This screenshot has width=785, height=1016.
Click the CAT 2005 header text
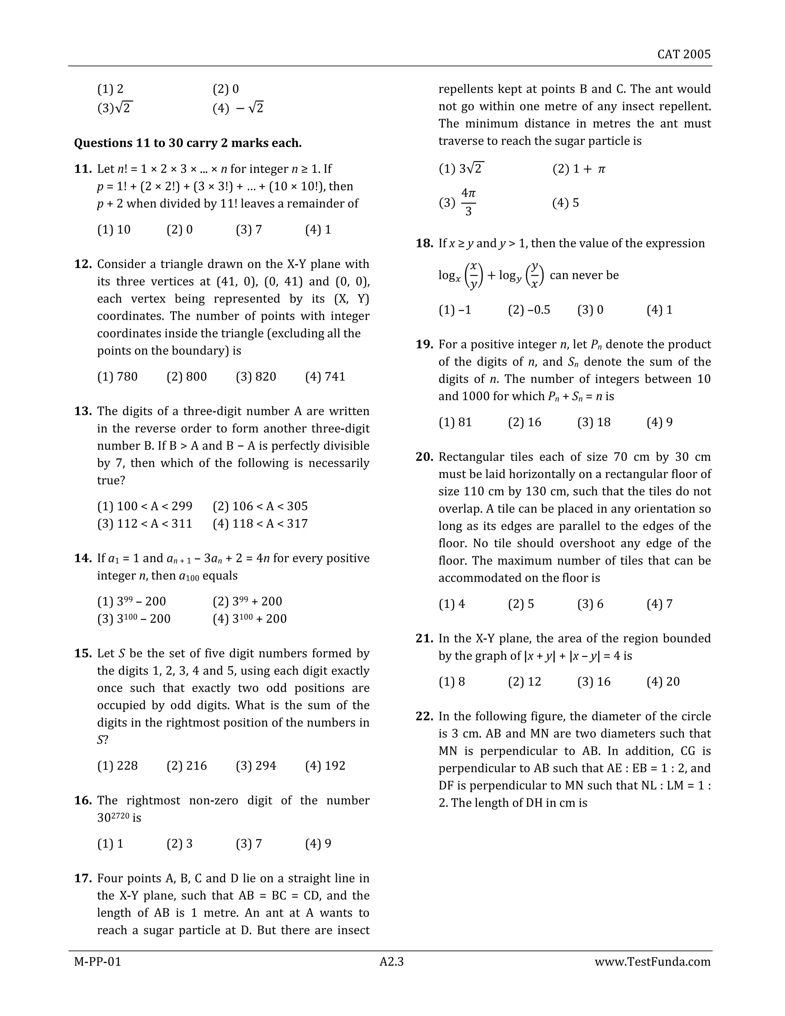coord(684,54)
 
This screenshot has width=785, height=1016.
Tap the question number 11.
coord(83,169)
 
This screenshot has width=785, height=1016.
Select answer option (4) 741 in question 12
coord(325,376)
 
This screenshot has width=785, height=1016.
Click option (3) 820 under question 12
coord(256,376)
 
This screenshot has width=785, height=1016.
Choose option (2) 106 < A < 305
coord(260,506)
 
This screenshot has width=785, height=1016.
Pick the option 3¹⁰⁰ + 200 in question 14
coord(250,619)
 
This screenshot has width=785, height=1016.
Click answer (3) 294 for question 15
coord(256,766)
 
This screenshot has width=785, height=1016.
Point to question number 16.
coord(83,801)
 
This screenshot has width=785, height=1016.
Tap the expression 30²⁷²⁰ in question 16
coord(113,817)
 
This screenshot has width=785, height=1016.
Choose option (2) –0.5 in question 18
coord(529,310)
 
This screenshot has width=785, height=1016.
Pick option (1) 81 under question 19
coord(455,422)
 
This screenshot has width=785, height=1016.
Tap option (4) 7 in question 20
coord(659,604)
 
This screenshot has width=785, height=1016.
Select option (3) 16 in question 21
coord(593,682)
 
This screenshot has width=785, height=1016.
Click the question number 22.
coord(424,717)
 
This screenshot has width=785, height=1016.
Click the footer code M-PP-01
coord(98,962)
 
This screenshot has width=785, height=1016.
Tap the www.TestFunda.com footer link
coord(652,962)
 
